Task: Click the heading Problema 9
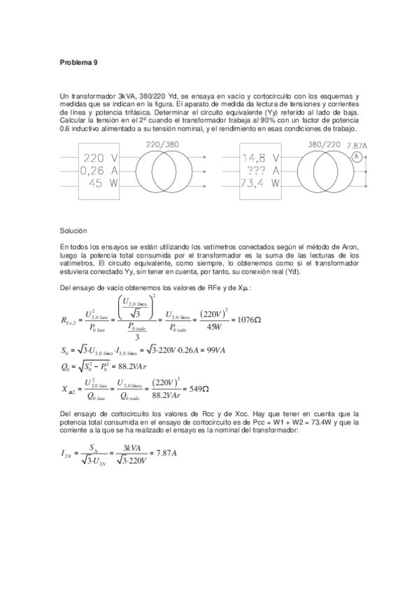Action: pyautogui.click(x=78, y=62)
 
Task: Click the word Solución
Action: pyautogui.click(x=74, y=229)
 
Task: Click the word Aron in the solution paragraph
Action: pyautogui.click(x=350, y=247)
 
